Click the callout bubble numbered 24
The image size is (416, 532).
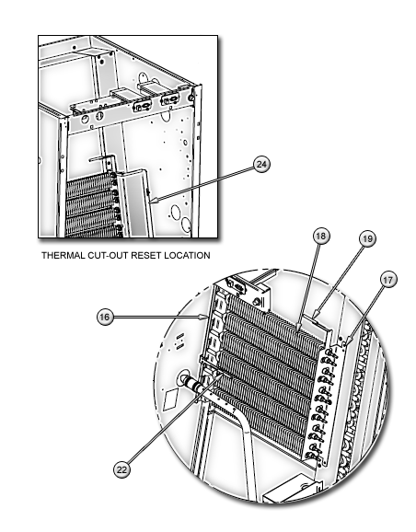pyautogui.click(x=262, y=164)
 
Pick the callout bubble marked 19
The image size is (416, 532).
pyautogui.click(x=366, y=238)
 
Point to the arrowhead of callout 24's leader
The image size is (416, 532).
pyautogui.click(x=153, y=198)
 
